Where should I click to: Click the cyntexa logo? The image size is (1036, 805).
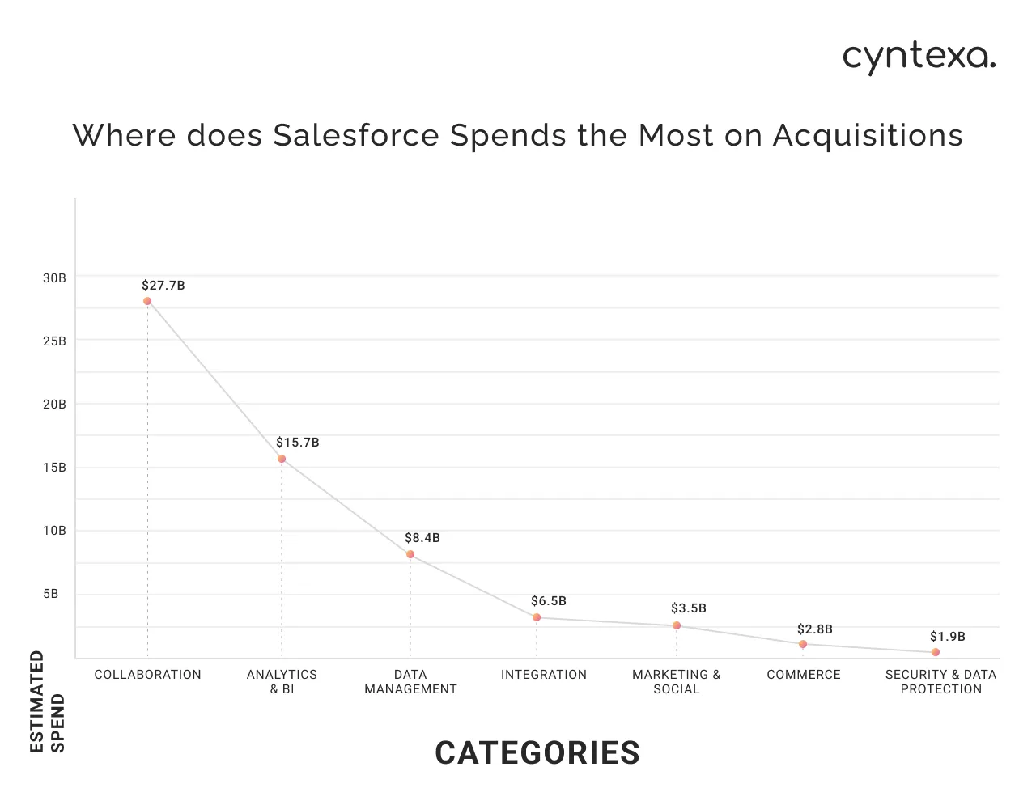(x=919, y=57)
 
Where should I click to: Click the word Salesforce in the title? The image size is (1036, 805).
(x=356, y=135)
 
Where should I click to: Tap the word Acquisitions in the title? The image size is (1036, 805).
(x=868, y=135)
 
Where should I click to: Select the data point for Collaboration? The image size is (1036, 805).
(x=147, y=301)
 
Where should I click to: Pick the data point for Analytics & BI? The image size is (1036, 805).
(x=282, y=459)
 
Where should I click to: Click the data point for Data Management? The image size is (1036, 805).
(x=410, y=554)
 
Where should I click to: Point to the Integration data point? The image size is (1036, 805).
(x=537, y=617)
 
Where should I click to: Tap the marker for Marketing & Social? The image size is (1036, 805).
(x=677, y=625)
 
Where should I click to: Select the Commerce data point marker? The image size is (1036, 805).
(x=803, y=644)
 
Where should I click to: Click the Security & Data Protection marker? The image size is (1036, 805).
(x=936, y=652)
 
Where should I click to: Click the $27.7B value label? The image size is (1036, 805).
(x=163, y=286)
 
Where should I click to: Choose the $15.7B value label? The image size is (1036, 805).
(x=298, y=443)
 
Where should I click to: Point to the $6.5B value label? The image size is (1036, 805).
(x=549, y=601)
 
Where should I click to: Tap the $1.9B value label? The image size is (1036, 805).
(x=948, y=637)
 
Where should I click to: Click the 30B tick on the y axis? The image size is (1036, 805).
(x=54, y=278)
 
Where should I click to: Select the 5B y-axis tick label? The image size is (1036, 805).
(x=51, y=595)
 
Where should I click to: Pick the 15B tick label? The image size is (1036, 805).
(x=54, y=468)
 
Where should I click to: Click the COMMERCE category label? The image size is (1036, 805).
(x=804, y=675)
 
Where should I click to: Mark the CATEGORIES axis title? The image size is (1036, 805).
(x=537, y=753)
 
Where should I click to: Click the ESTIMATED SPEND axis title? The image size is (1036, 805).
(x=47, y=701)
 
